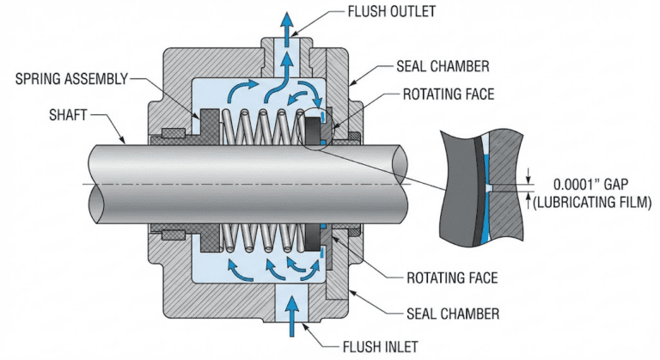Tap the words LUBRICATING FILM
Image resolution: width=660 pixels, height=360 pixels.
594,202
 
